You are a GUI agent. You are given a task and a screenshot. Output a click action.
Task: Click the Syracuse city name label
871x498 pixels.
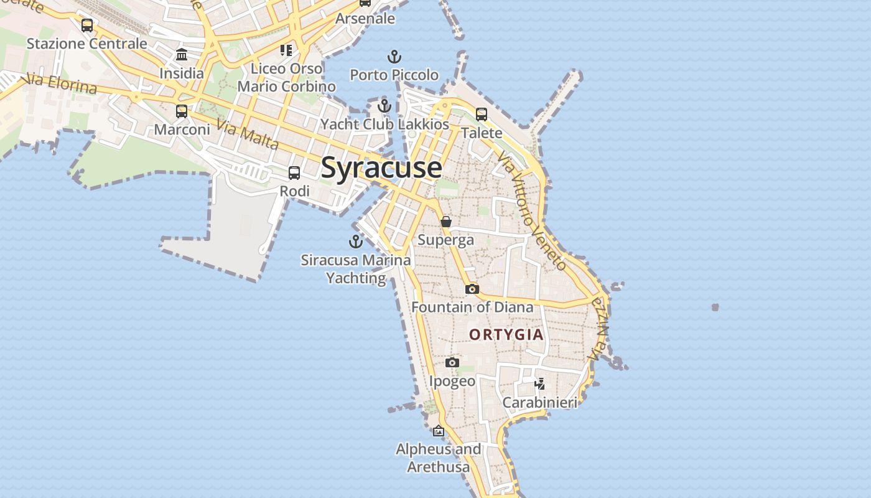pos(381,168)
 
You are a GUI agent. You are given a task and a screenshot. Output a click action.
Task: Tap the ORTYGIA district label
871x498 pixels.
pos(506,335)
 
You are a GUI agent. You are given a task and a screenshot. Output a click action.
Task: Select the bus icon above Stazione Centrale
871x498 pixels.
pos(87,26)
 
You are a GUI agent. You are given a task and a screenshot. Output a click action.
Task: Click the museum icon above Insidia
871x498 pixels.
pos(182,55)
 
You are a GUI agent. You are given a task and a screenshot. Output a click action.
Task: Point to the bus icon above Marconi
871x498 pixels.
pos(182,111)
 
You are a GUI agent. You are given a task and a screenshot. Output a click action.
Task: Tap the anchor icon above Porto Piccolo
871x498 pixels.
pos(394,57)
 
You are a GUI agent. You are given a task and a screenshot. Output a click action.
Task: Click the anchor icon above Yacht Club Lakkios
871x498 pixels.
pos(384,106)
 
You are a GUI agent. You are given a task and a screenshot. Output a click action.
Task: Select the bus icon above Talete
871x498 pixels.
pos(482,115)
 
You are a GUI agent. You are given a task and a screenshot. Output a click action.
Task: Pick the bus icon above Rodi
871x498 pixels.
pos(294,173)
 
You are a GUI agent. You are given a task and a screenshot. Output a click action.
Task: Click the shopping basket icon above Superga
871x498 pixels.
pos(446,222)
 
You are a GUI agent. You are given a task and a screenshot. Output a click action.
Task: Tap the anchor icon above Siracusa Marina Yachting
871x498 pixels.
pos(356,242)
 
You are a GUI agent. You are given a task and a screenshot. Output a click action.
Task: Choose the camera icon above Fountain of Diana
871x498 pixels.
pos(472,289)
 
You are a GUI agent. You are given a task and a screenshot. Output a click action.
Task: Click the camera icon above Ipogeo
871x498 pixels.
pos(452,363)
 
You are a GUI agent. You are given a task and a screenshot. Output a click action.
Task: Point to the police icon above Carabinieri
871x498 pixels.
pos(540,384)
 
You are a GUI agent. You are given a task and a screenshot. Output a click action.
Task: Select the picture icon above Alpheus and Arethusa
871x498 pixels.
pos(439,431)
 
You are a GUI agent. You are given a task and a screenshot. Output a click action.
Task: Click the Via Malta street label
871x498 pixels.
pos(248,134)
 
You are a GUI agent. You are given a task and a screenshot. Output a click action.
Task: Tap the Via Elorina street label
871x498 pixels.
pos(60,85)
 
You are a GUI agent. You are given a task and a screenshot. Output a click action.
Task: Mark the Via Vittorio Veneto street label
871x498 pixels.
pos(533,215)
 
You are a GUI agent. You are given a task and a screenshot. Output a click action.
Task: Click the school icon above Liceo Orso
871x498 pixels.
pos(286,50)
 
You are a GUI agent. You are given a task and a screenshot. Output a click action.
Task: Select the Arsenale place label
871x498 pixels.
pos(365,19)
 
